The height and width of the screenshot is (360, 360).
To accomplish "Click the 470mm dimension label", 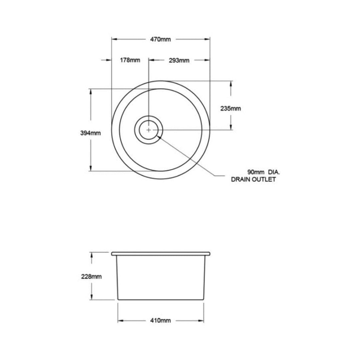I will coord(160,39).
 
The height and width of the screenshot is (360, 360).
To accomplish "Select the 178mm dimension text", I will coord(130,60).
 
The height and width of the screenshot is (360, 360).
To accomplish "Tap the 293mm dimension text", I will coord(179,60).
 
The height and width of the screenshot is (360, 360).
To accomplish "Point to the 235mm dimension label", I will coord(230,108).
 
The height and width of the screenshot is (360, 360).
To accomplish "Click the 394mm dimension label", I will coord(91,133).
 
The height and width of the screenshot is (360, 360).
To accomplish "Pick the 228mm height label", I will coord(91,276).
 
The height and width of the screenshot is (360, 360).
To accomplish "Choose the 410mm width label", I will coord(160,321).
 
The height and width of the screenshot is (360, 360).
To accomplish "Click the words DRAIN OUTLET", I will coord(253,180).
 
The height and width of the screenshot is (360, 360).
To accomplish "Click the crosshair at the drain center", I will coord(148,130).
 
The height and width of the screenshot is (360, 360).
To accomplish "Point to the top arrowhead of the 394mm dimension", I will coord(91,91).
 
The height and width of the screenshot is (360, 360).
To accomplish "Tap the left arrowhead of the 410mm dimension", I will coord(120,321).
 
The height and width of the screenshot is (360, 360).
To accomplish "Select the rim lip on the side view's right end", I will coord(209,254).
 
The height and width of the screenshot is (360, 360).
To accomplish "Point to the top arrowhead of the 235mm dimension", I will coord(230,83).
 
